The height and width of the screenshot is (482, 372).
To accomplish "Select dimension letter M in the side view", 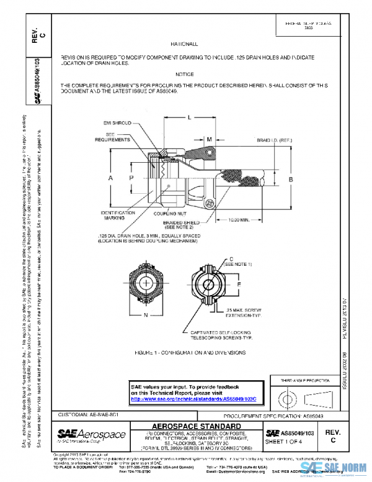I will click(210, 139).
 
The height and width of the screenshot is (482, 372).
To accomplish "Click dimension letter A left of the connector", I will click(110, 178).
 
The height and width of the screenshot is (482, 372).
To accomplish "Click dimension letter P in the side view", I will click(131, 178).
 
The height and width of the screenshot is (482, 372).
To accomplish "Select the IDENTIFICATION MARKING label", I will click(118, 215).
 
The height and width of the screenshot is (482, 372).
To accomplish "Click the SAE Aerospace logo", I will click(91, 433).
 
